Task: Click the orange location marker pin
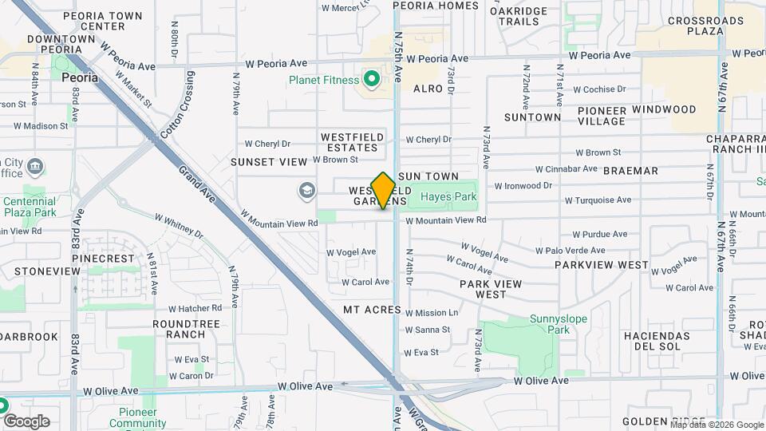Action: click(384, 190)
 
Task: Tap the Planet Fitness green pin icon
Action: click(371, 79)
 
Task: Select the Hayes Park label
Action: click(448, 196)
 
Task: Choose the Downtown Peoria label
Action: click(61, 44)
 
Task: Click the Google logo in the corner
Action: click(26, 421)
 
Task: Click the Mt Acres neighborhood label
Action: click(371, 309)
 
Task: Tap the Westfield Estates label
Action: click(352, 142)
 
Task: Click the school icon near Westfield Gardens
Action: click(306, 190)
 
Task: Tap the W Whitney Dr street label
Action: click(180, 225)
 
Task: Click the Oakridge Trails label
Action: click(519, 16)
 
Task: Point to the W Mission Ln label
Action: click(431, 313)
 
